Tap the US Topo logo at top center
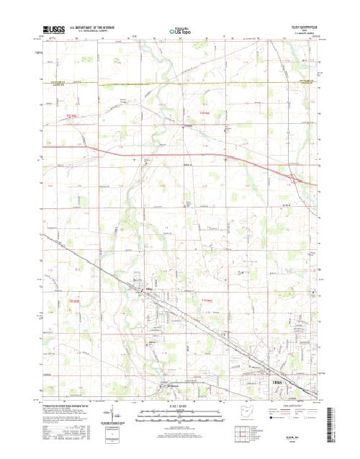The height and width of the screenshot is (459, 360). [x=179, y=31]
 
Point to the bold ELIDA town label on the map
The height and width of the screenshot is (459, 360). [x=148, y=290]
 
